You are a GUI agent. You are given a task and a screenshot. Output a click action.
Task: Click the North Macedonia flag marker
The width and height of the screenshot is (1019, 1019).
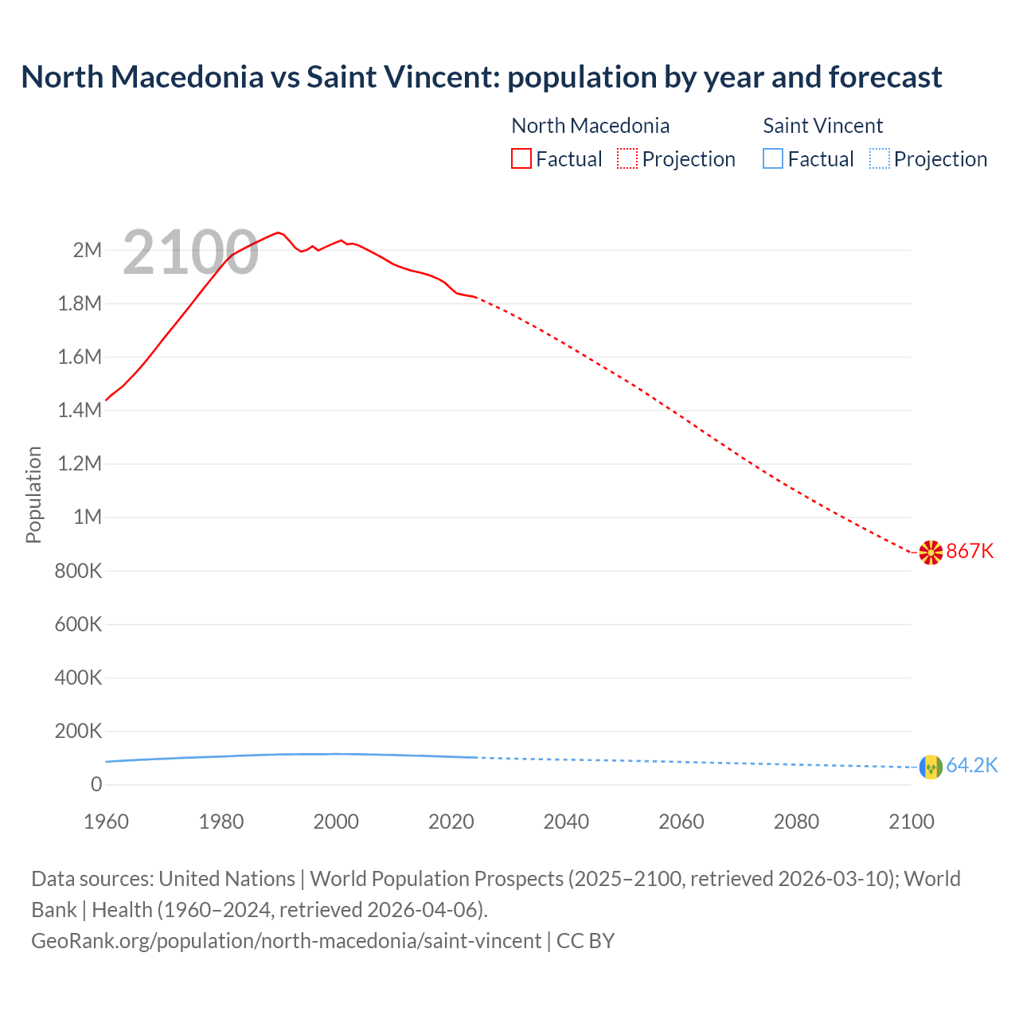tap(931, 552)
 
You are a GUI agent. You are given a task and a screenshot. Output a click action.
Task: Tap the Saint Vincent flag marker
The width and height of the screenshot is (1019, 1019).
tap(931, 767)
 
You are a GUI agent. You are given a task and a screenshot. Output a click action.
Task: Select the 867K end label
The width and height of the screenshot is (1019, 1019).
tap(970, 551)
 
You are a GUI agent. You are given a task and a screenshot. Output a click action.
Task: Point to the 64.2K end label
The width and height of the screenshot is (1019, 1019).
tap(971, 765)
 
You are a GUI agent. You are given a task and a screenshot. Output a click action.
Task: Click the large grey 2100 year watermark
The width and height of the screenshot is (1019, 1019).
tap(190, 252)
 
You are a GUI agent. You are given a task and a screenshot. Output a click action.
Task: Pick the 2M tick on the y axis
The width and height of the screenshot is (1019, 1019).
tap(87, 250)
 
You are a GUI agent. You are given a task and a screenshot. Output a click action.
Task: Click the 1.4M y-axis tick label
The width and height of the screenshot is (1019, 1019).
tap(80, 410)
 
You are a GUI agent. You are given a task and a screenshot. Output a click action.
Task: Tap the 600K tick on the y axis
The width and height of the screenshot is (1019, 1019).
tap(78, 624)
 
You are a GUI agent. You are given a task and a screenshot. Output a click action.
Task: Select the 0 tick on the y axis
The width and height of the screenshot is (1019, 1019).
tap(96, 784)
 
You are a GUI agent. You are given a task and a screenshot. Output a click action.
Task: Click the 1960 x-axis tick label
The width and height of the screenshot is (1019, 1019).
tap(106, 822)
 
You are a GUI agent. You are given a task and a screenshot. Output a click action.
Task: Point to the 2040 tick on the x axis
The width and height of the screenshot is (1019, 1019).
tap(566, 822)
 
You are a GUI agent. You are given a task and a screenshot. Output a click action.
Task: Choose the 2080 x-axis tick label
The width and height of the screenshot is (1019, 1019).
tap(796, 822)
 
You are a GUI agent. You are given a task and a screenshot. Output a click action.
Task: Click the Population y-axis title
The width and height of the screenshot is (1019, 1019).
tap(33, 494)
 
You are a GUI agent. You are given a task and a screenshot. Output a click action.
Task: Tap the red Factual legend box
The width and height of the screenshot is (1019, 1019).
tap(521, 158)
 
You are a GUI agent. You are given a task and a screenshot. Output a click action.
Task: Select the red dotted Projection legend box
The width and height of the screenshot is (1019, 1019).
tap(627, 158)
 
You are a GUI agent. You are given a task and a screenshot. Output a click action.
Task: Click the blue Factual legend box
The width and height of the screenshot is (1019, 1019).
tap(772, 158)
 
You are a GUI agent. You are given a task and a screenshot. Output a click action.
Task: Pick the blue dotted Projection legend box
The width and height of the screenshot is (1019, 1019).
tap(879, 158)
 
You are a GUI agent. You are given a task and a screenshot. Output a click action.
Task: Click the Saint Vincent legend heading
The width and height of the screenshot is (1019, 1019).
tap(822, 126)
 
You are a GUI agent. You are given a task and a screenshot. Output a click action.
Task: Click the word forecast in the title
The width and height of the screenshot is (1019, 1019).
tap(884, 76)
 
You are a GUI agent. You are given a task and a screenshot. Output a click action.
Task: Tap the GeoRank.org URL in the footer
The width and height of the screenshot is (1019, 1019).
tap(286, 940)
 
